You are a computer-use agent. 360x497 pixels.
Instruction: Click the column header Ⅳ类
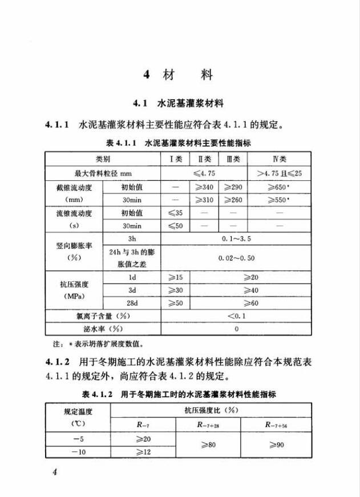(x=279, y=158)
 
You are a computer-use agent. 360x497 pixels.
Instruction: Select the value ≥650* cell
(x=279, y=186)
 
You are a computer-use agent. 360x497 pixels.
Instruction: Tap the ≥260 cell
(x=233, y=200)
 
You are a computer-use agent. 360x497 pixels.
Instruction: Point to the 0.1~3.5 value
(x=236, y=239)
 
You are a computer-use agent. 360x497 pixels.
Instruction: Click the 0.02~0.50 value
(x=236, y=258)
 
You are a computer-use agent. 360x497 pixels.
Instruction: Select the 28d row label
(x=132, y=303)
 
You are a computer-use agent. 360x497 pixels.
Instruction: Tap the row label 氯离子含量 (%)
(x=103, y=316)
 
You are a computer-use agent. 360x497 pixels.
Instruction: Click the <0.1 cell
(x=236, y=316)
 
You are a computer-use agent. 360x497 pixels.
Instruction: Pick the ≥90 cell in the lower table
(x=275, y=445)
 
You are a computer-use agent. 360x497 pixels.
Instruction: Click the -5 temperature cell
(x=78, y=438)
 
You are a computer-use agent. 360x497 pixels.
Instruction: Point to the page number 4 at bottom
(x=55, y=471)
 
